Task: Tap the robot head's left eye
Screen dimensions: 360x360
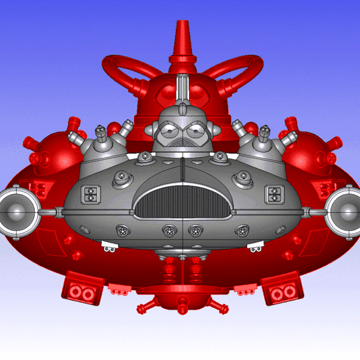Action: point(170,128)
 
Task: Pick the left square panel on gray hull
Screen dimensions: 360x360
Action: point(91,195)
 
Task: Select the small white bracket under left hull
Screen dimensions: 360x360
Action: point(110,245)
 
